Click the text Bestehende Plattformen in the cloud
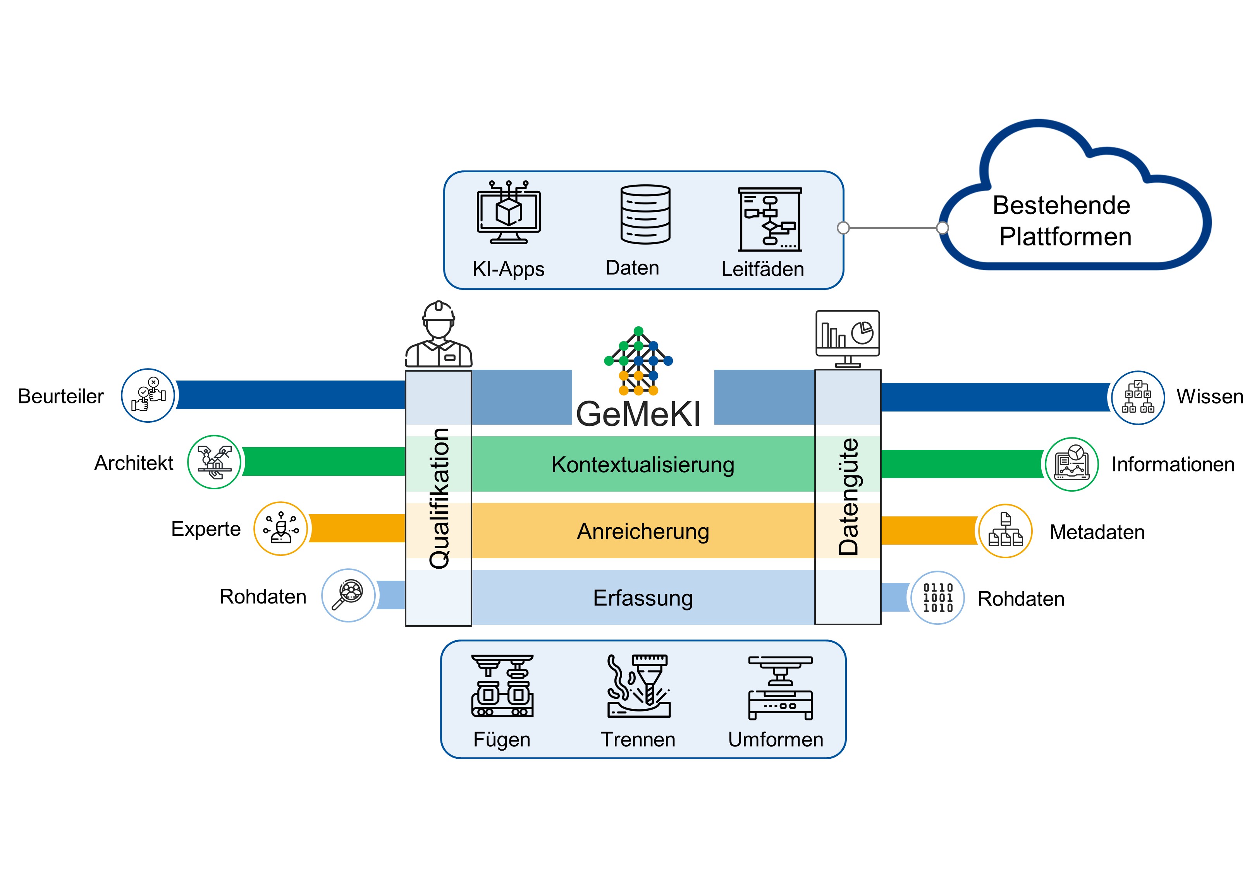pos(1063,221)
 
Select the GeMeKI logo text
pos(638,414)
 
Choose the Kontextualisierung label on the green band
pos(643,465)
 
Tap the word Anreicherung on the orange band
pos(643,531)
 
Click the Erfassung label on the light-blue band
pos(643,598)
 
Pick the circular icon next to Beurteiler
pos(148,396)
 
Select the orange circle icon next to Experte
pos(280,529)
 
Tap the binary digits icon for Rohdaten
pos(937,598)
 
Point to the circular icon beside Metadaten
pos(1005,531)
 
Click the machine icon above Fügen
pos(502,686)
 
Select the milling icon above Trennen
pos(638,686)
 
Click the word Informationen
pos(1173,465)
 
